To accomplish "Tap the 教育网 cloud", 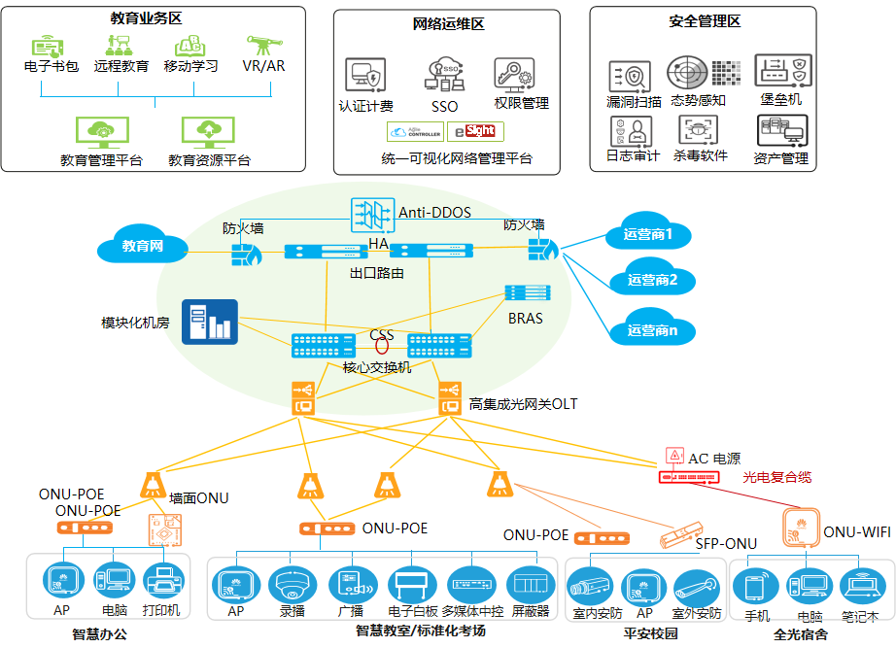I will [x=142, y=247].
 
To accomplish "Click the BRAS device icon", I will [x=526, y=293].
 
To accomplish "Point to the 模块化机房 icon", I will [x=209, y=321].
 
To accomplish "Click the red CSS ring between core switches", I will [x=383, y=345].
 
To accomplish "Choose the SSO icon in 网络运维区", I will [x=444, y=75].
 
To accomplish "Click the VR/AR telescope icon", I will [x=263, y=47].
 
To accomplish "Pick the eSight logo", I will [x=475, y=131].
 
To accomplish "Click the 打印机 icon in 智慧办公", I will [x=161, y=584].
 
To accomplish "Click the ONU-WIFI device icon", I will [x=800, y=529].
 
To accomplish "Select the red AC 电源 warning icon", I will [x=672, y=455].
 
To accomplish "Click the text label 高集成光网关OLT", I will [x=523, y=403].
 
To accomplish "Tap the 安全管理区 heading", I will [x=705, y=21].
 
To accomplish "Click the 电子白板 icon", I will [x=407, y=585].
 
